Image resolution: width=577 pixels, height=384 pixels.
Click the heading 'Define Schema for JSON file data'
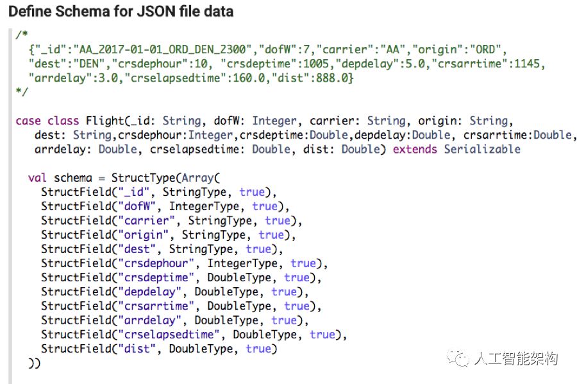pyautogui.click(x=121, y=11)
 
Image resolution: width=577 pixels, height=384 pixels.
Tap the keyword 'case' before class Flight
pyautogui.click(x=28, y=121)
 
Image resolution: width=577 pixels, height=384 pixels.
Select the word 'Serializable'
pyautogui.click(x=482, y=149)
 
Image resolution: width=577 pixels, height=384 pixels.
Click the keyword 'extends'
pyautogui.click(x=415, y=149)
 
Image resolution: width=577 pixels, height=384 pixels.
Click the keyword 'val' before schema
pyautogui.click(x=37, y=178)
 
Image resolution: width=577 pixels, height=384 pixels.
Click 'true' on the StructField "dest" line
pyautogui.click(x=258, y=249)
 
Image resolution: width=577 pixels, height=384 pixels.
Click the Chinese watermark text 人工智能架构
pyautogui.click(x=515, y=358)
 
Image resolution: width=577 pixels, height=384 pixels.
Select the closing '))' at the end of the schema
pyautogui.click(x=34, y=363)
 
